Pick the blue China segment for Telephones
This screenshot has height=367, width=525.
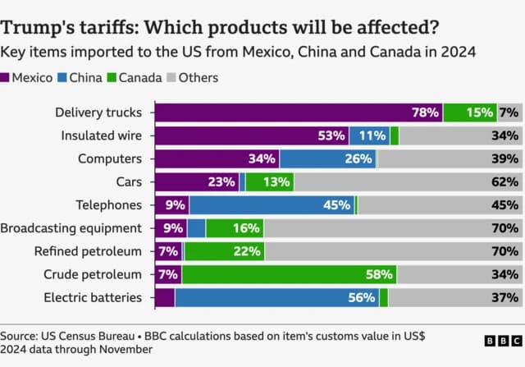coord(272,205)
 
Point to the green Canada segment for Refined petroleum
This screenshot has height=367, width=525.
coord(224,251)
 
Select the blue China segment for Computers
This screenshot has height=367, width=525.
coord(327,158)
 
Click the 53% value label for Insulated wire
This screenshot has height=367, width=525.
coord(331,135)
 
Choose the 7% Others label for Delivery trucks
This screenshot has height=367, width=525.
coord(509,112)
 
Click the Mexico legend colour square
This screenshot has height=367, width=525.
coord(7,78)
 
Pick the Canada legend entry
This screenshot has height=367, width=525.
coord(135,78)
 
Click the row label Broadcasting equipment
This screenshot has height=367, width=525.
coord(71,228)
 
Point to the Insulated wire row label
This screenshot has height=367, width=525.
coord(103,135)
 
